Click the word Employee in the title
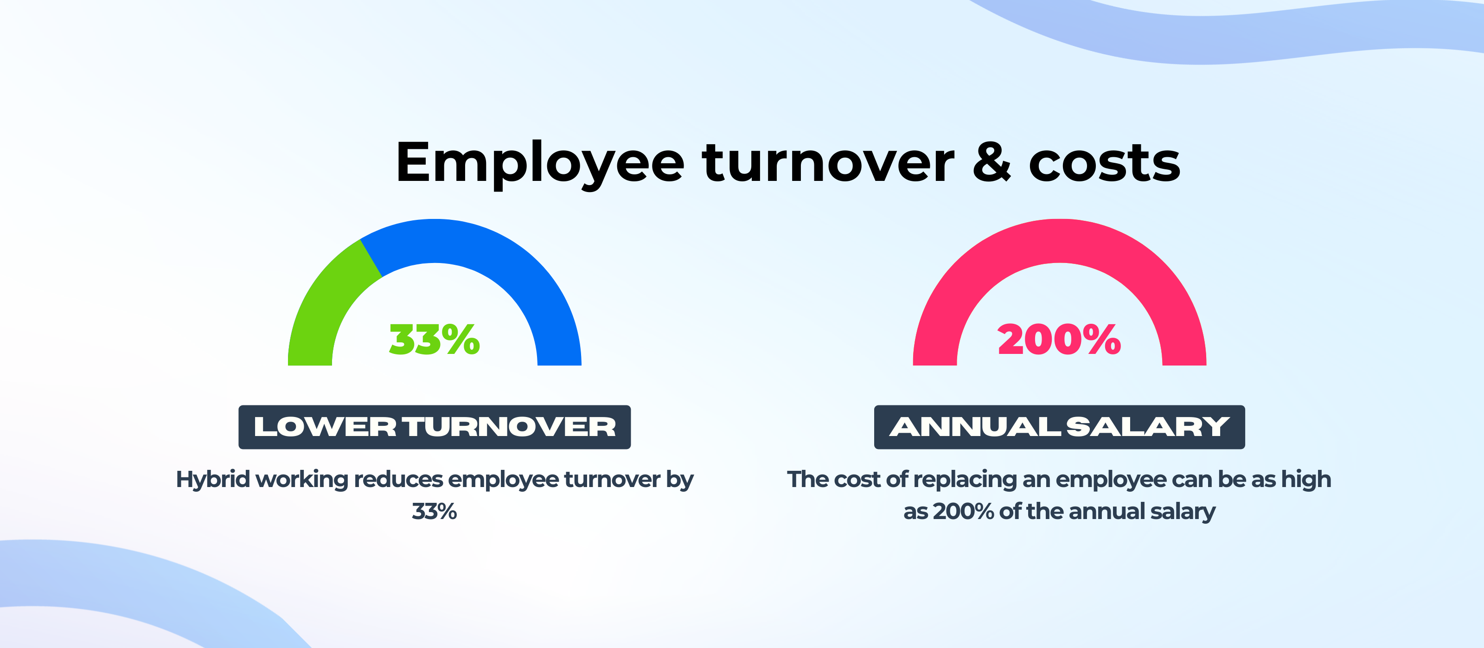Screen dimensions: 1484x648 pyautogui.click(x=540, y=164)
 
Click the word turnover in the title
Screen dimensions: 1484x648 pyautogui.click(x=828, y=162)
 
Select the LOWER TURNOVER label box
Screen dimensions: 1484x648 pyautogui.click(x=435, y=427)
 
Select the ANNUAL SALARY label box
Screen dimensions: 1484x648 pyautogui.click(x=1059, y=427)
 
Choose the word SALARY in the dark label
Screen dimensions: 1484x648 pyautogui.click(x=1148, y=427)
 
